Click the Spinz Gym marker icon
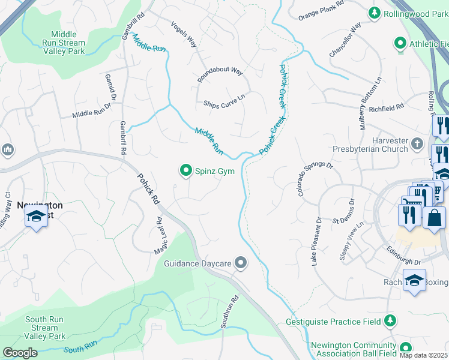[x=187, y=172]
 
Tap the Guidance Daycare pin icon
[x=241, y=263]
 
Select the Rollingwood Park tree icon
[x=375, y=13]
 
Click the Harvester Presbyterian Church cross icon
[x=418, y=145]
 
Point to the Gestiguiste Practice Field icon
[x=390, y=321]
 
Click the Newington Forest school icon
[x=36, y=217]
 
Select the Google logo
[x=20, y=352]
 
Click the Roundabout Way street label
[x=220, y=75]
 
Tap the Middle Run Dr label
[x=92, y=110]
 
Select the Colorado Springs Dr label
[x=315, y=179]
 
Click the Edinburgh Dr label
[x=403, y=258]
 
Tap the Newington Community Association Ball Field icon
[x=406, y=348]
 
